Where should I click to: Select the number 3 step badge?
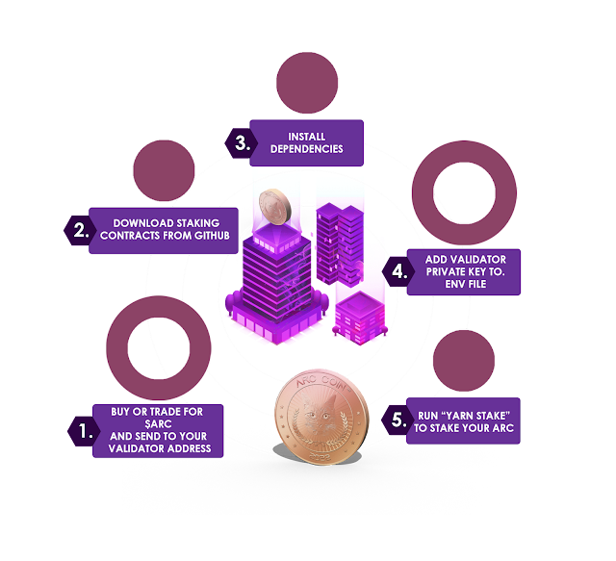pos(244,142)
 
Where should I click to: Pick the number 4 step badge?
pos(397,270)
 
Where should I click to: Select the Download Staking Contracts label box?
pos(164,230)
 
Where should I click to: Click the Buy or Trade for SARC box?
pos(158,430)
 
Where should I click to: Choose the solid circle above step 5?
pos(464,360)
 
